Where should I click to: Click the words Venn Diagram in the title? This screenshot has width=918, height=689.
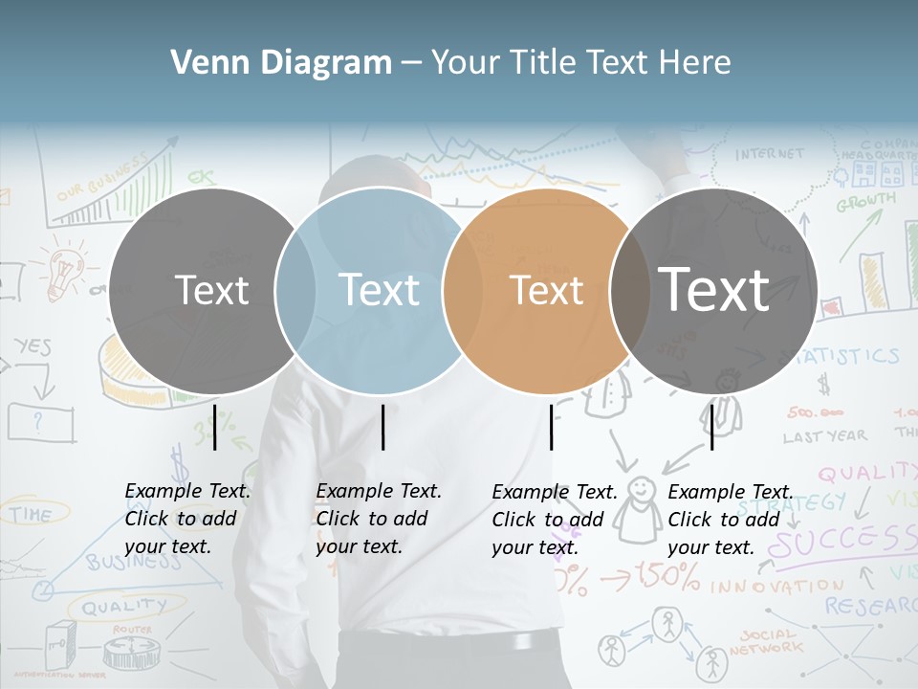click(281, 63)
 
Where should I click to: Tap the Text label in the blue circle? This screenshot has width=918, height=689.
click(380, 289)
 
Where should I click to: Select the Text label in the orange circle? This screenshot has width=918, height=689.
click(546, 290)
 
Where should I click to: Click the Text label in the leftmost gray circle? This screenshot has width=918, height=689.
click(211, 290)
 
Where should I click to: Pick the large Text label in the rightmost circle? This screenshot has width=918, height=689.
click(713, 288)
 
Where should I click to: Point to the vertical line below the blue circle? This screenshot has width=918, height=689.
click(382, 427)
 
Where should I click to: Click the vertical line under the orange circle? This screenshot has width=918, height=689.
click(551, 427)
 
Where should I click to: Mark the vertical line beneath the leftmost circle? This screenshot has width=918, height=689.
click(214, 427)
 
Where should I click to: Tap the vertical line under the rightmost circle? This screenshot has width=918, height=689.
click(711, 427)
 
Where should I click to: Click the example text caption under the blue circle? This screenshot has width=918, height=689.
click(378, 519)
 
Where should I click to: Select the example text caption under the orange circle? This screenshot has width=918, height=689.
click(554, 520)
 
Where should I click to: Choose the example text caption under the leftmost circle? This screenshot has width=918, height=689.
click(186, 519)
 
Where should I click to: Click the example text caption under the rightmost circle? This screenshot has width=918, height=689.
click(730, 520)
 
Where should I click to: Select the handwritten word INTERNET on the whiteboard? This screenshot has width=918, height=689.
click(770, 153)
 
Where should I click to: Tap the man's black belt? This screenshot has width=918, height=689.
click(449, 642)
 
